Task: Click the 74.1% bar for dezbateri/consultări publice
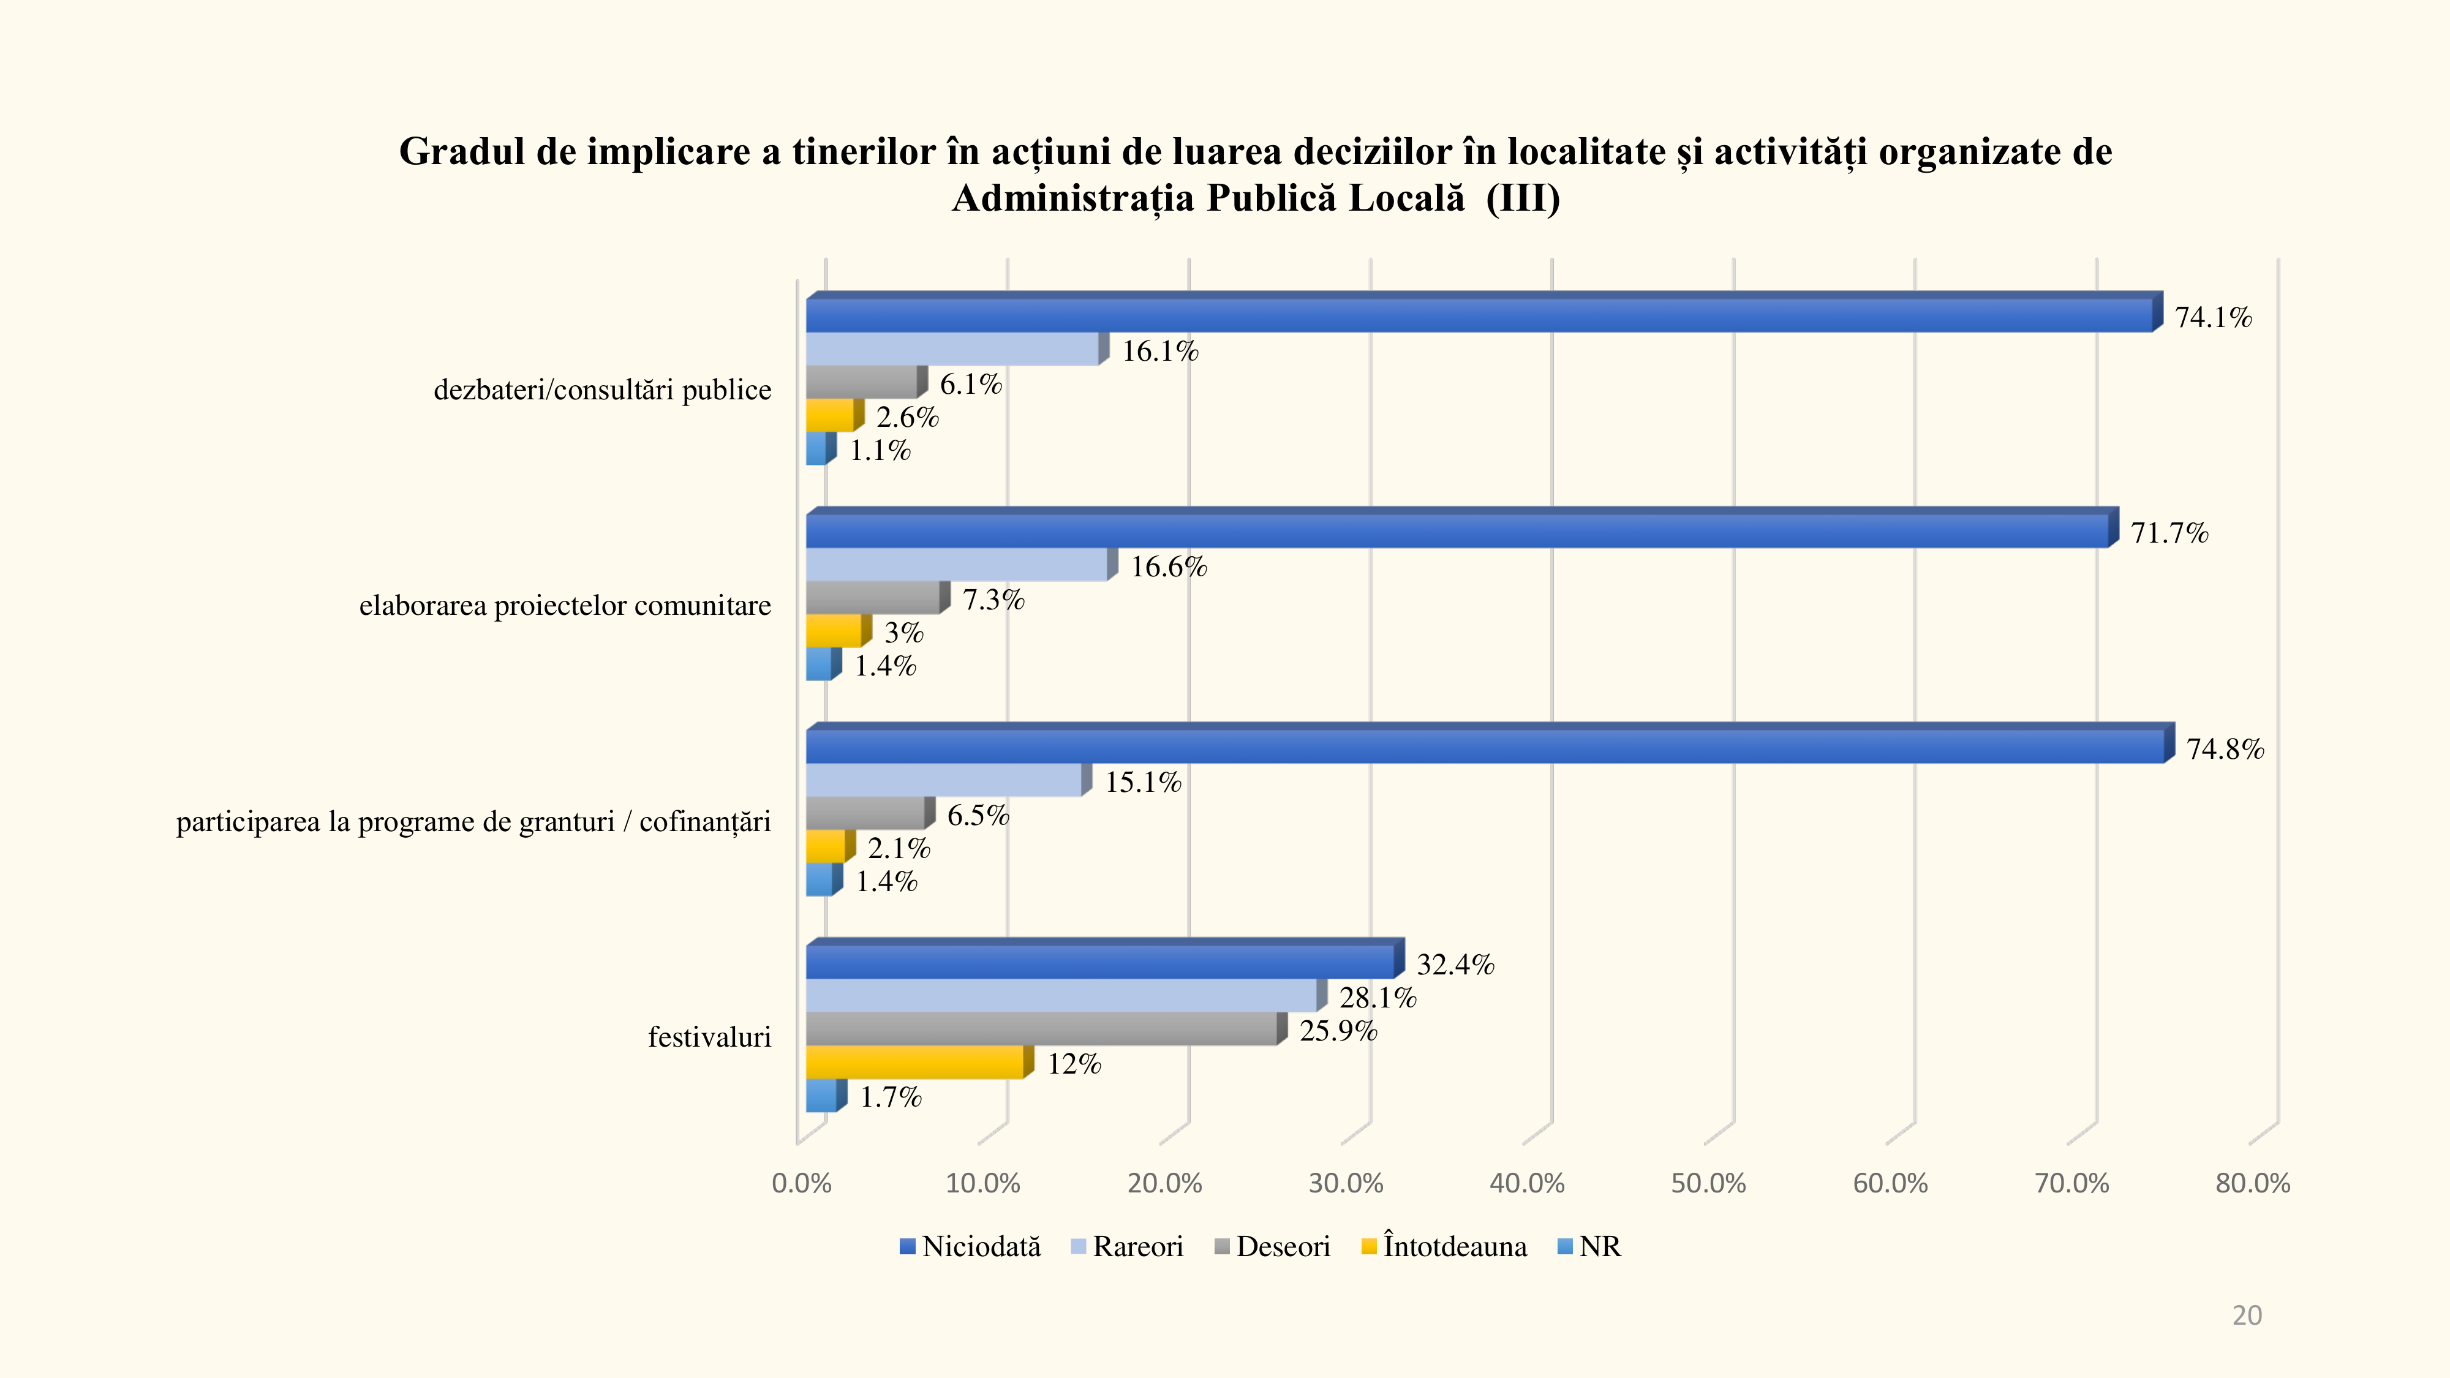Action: [x=1479, y=316]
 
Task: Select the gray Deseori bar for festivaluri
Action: [x=1041, y=1029]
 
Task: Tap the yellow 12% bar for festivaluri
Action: [x=915, y=1062]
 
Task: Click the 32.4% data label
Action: [x=1455, y=965]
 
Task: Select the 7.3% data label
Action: [x=993, y=600]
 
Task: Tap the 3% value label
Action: [x=903, y=633]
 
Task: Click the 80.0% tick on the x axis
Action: [x=2252, y=1184]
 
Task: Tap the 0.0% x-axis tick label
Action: [x=801, y=1184]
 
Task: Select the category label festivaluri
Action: [x=709, y=1037]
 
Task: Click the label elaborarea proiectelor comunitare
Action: [x=565, y=606]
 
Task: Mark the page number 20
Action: [x=2247, y=1316]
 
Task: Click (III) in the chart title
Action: [x=1523, y=198]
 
